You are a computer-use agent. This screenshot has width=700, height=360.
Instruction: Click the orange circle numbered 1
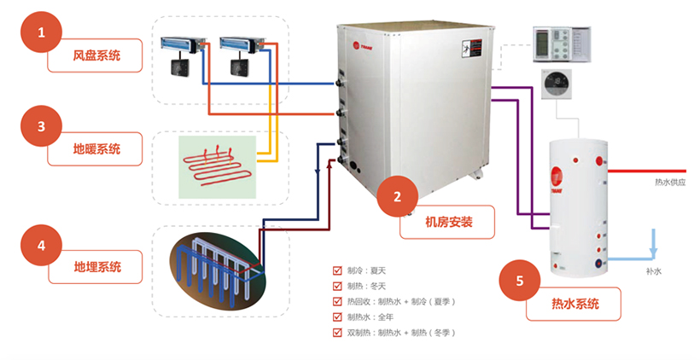point(41,35)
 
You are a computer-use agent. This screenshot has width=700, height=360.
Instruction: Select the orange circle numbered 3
point(41,127)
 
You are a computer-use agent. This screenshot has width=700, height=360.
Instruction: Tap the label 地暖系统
point(96,148)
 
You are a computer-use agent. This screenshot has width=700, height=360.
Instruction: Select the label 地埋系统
point(96,267)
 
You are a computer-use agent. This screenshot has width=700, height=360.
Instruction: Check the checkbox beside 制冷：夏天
point(338,270)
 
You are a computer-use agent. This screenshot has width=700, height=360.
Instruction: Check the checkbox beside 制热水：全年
point(338,316)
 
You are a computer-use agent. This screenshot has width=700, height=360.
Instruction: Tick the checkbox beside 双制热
point(338,332)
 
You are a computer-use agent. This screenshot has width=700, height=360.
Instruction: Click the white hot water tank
point(581,210)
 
